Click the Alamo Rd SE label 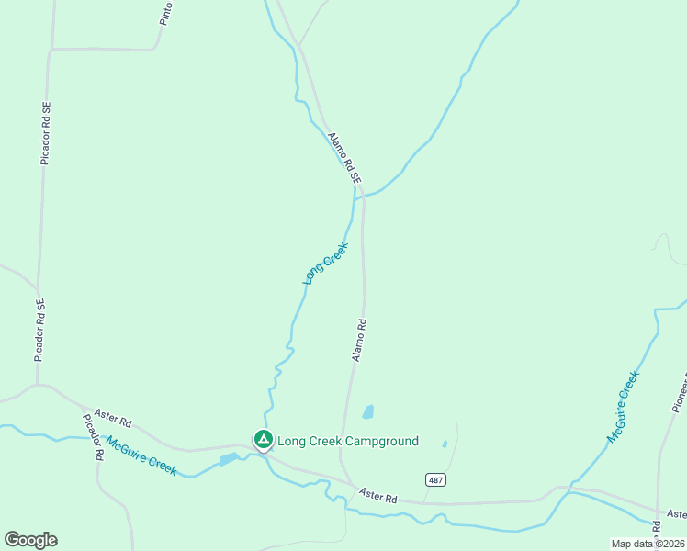tap(342, 157)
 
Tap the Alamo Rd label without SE tap(360, 339)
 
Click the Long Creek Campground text tap(348, 442)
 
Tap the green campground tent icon tap(264, 441)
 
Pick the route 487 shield tap(435, 480)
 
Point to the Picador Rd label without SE tap(92, 437)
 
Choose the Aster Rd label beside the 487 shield tap(378, 496)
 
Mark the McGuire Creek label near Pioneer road tap(622, 407)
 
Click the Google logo tap(30, 540)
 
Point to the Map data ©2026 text tap(648, 544)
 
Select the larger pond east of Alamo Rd tap(368, 411)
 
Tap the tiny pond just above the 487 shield tap(445, 444)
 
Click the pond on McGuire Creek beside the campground tap(229, 458)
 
